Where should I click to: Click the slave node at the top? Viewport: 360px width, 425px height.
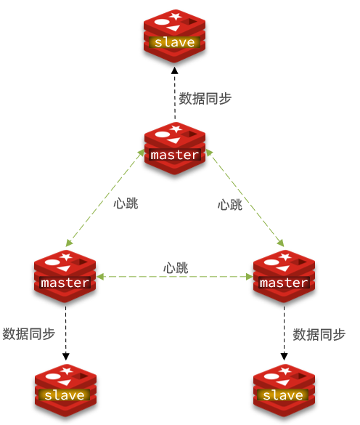point(174,36)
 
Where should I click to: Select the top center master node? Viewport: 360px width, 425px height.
point(175,148)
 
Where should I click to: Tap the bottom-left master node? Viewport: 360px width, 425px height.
point(65,277)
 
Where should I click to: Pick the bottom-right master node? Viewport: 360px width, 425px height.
point(285,277)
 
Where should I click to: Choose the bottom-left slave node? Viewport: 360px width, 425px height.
point(65,391)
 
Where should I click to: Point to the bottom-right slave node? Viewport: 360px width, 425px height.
point(285,391)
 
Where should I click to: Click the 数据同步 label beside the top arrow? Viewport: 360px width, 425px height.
point(205,98)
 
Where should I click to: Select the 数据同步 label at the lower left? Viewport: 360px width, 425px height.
point(29,333)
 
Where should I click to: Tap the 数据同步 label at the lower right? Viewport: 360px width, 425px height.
point(319,334)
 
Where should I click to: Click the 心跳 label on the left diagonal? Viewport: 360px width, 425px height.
point(126,203)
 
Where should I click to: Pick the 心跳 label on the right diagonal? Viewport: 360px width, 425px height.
point(230,204)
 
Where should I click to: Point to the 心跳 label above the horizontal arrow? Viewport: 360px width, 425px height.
point(176,268)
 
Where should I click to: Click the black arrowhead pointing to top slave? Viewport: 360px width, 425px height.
point(175,70)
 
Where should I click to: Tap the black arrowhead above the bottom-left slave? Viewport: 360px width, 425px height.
point(66,357)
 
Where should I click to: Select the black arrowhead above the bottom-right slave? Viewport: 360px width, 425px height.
point(285,357)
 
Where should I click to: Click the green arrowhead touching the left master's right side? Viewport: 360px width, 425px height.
point(100,277)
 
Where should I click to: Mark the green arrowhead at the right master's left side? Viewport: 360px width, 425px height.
point(249,277)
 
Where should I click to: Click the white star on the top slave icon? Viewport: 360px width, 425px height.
point(176,16)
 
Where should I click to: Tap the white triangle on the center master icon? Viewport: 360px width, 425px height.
point(174,140)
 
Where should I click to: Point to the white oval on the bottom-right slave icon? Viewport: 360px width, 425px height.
point(270,376)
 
